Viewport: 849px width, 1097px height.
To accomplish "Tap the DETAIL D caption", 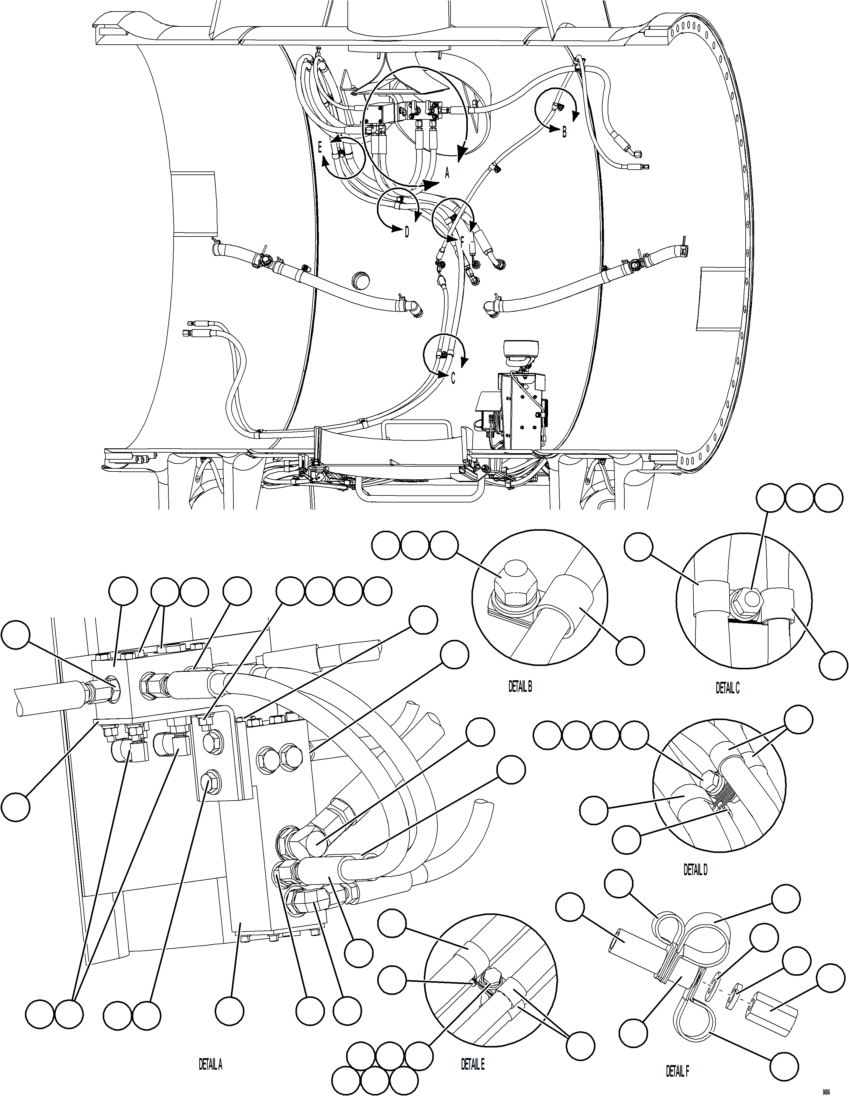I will [695, 869].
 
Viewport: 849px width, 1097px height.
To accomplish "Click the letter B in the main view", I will [564, 133].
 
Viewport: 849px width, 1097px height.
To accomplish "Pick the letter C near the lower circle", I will [453, 378].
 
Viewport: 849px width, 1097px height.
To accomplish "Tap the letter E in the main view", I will [320, 147].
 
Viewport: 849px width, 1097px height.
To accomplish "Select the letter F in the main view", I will [462, 242].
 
